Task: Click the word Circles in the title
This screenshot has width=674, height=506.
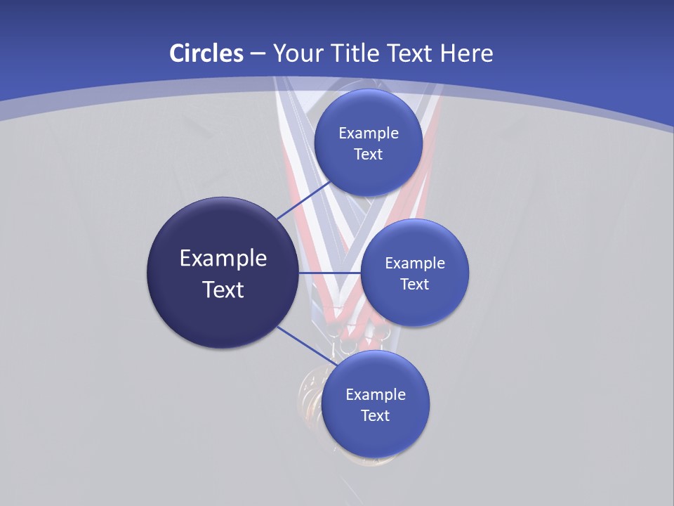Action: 206,53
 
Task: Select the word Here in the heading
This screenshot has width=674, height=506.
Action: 466,53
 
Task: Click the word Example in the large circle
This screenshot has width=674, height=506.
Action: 223,259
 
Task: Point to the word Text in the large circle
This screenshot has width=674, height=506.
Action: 223,290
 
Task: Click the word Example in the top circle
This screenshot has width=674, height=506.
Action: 369,134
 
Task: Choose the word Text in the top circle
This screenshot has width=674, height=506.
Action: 369,154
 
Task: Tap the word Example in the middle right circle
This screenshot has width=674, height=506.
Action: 415,264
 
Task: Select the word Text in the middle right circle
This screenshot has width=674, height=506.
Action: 415,284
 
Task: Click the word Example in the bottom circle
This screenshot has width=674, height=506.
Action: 376,395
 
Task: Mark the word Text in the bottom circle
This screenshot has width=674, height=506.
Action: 376,415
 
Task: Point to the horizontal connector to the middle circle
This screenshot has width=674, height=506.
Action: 330,273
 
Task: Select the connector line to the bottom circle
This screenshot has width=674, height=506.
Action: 305,345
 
